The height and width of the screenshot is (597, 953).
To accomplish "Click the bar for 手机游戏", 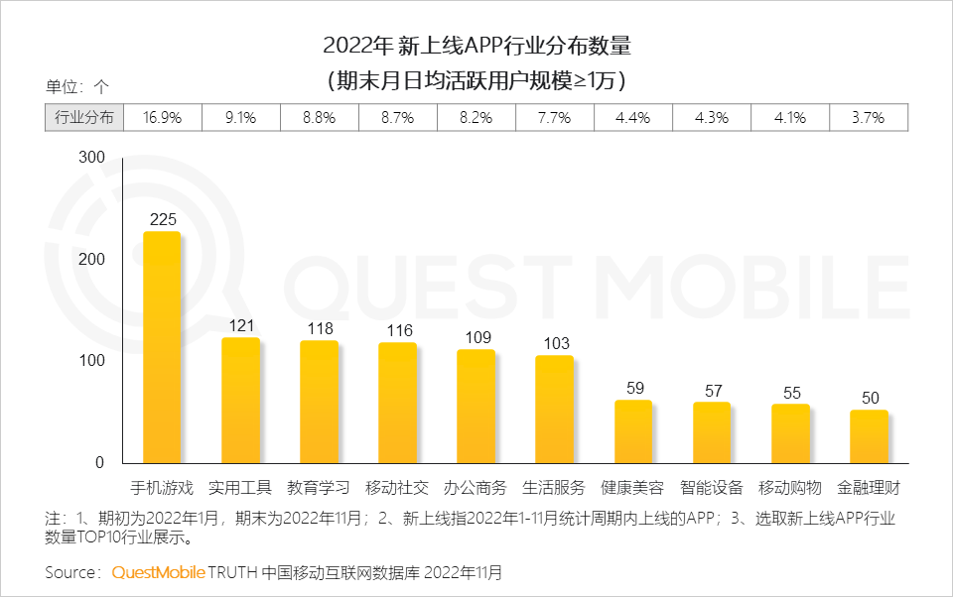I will (162, 347).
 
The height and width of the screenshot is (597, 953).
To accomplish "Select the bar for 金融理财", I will (869, 436).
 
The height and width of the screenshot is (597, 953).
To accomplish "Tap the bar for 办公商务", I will (476, 407).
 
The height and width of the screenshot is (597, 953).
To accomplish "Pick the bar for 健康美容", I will (632, 431).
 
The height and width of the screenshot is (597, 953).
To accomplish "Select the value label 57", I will (712, 391).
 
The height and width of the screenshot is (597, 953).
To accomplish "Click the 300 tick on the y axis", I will (90, 158).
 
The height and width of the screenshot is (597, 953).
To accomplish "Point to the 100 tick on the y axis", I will (90, 361).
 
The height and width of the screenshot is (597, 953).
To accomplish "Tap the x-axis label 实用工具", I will (240, 488).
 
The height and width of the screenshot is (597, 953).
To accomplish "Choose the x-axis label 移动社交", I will (397, 488).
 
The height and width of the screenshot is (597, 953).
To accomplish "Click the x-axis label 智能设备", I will (712, 488).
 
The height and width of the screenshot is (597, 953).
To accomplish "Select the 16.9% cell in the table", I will (162, 117).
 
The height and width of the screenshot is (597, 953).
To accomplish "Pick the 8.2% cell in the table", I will (476, 117).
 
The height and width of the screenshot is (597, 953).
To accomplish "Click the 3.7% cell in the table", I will (869, 117).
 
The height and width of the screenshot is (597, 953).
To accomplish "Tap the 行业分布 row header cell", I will (83, 117).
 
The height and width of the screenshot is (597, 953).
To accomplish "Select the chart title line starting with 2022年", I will (476, 46).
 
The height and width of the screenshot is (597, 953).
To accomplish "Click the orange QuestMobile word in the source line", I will (158, 572).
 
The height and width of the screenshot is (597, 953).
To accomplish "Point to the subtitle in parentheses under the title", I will (476, 78).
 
